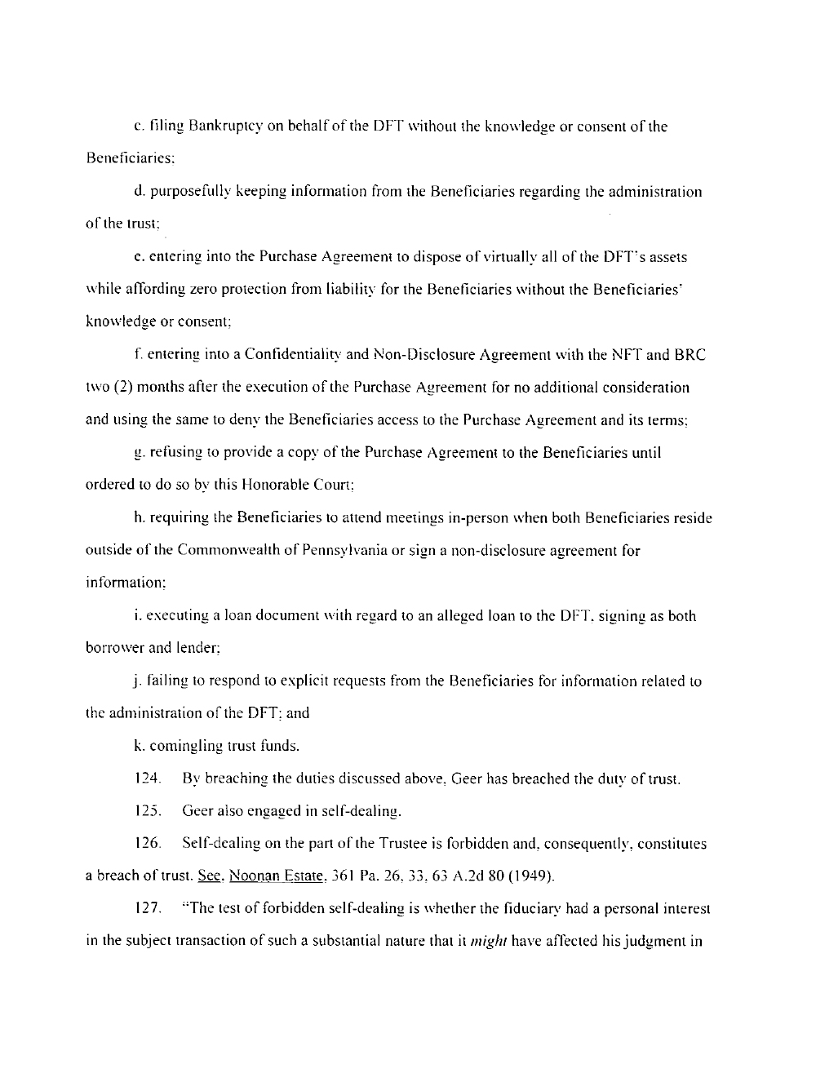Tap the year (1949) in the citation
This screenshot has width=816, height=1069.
pyautogui.click(x=533, y=876)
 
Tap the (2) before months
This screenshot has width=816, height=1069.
pyautogui.click(x=122, y=388)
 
